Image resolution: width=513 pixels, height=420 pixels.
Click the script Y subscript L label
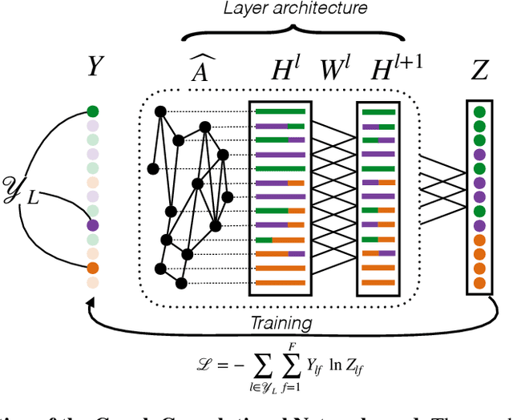(22, 194)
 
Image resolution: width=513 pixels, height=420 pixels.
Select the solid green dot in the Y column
(94, 112)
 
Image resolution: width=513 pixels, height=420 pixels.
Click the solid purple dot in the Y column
(94, 226)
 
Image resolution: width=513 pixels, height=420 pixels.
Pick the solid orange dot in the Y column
(94, 269)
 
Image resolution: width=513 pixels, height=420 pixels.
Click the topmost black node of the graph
(159, 111)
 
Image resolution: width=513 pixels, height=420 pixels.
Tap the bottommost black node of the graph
(181, 282)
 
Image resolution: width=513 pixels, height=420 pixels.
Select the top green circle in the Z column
(479, 113)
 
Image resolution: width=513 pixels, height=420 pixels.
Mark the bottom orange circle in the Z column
(479, 282)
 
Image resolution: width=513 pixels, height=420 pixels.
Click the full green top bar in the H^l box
(280, 111)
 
